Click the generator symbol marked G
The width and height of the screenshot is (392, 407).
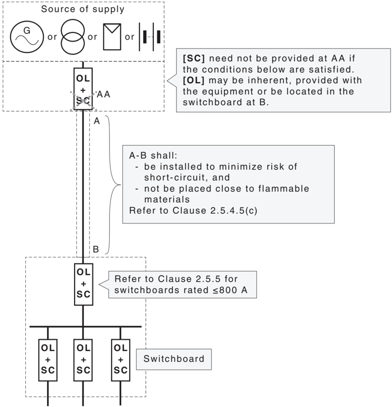click(27, 37)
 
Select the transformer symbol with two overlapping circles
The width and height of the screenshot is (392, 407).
click(73, 37)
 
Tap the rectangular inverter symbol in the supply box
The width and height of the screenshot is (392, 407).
click(112, 37)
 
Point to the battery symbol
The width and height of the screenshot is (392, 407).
click(150, 37)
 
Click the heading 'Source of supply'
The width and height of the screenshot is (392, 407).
click(83, 9)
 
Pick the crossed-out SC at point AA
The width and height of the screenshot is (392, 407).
click(83, 101)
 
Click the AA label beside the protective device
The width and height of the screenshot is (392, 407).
click(104, 94)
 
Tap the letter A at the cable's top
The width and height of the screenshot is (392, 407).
click(97, 121)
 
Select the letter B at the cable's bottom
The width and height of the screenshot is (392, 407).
click(96, 249)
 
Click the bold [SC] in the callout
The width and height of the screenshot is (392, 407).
click(194, 58)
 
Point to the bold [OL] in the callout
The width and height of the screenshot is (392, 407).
click(194, 80)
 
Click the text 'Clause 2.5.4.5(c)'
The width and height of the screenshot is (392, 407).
click(215, 211)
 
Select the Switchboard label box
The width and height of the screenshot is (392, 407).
click(174, 359)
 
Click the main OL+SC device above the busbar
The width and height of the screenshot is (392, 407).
click(84, 284)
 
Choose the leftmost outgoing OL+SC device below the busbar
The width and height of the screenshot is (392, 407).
click(48, 360)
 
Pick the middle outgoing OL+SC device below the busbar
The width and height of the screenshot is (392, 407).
click(83, 360)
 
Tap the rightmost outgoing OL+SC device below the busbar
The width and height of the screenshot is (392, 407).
click(120, 360)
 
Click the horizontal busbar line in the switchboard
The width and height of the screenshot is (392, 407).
click(85, 326)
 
